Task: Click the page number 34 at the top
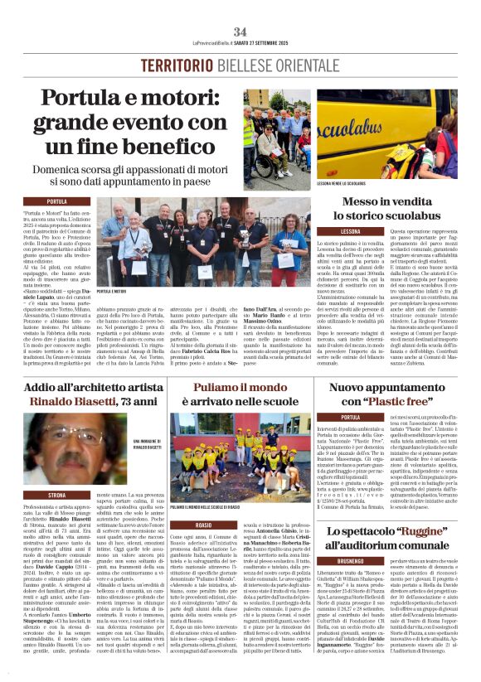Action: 240,31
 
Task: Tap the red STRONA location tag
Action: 57,495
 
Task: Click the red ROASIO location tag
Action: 204,525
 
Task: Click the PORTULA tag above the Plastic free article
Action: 351,417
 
